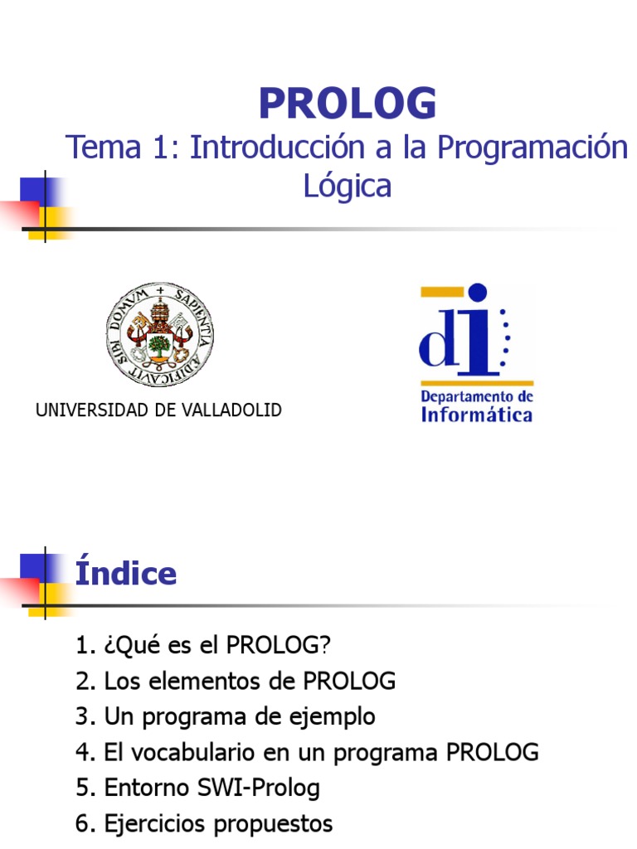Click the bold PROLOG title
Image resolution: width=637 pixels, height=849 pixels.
click(347, 104)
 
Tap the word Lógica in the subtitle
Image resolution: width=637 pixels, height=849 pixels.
click(347, 185)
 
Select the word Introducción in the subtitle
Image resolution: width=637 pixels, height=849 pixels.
click(275, 148)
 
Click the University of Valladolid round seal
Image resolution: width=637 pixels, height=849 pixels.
click(159, 334)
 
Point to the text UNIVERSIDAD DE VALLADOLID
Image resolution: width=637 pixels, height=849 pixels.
click(158, 410)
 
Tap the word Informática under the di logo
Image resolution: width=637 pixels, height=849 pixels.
click(477, 414)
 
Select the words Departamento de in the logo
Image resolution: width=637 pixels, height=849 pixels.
click(477, 395)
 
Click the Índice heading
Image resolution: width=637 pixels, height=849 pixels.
click(126, 574)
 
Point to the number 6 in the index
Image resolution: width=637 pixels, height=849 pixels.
click(82, 823)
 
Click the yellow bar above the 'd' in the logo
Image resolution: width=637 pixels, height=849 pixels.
click(440, 293)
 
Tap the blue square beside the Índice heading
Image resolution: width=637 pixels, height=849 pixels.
click(32, 567)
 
